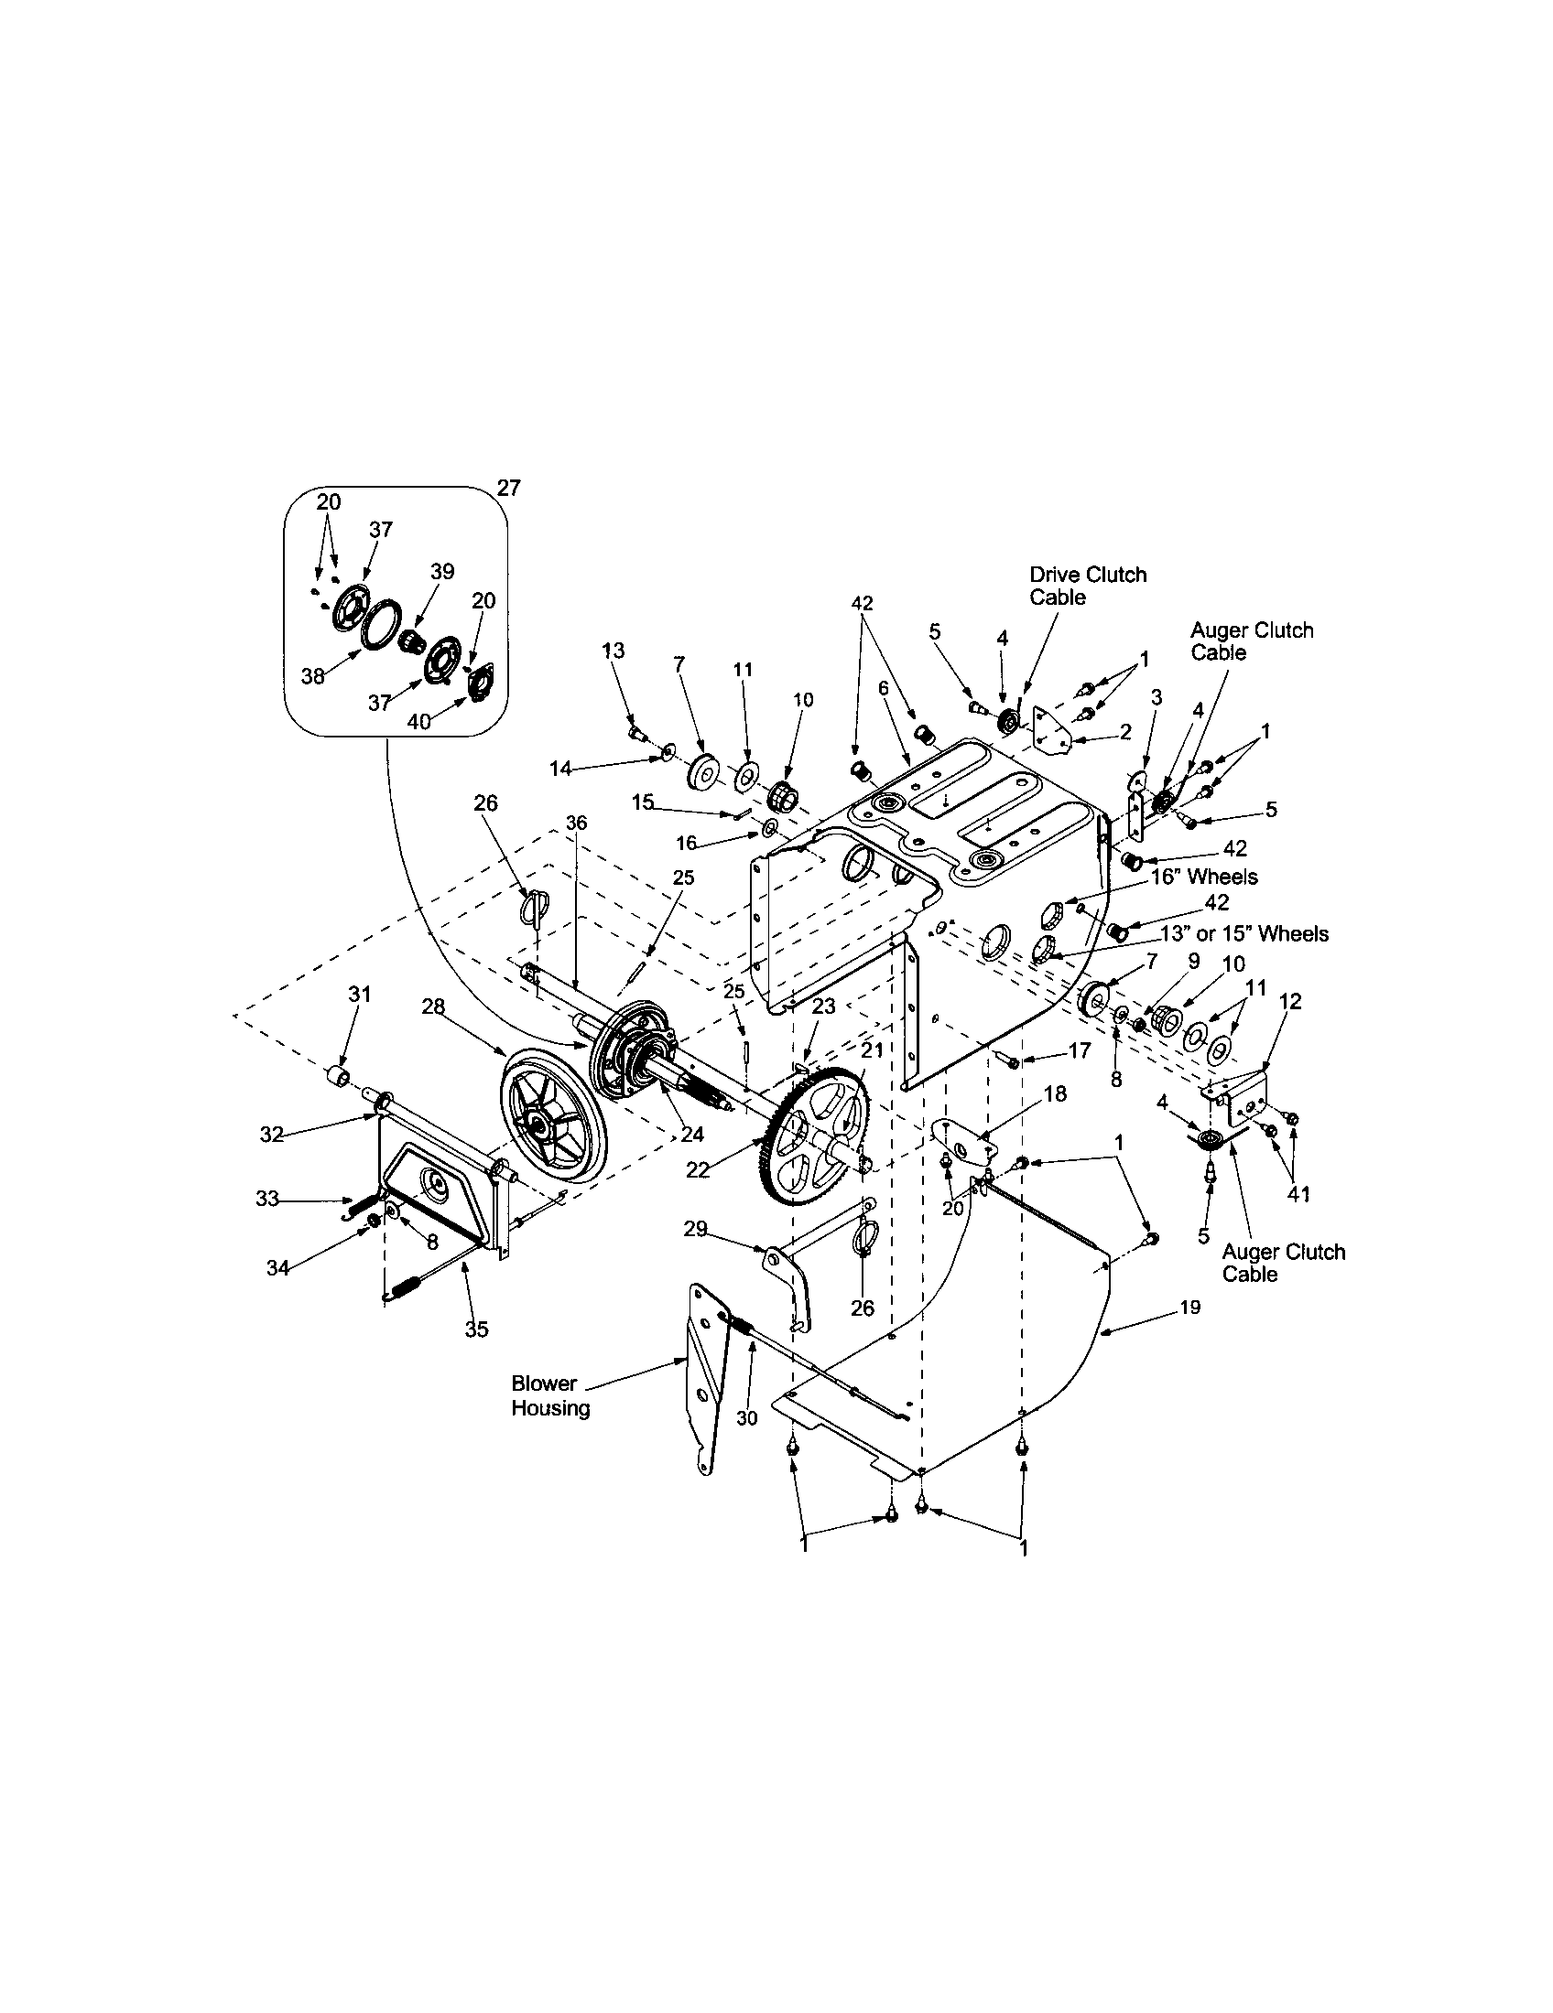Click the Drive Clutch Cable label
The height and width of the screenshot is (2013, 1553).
1087,586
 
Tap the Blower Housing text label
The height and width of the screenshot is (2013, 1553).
549,1396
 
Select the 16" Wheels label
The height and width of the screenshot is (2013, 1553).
1203,876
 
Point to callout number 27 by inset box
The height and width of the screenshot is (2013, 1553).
508,489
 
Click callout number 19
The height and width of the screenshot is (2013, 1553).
1189,1307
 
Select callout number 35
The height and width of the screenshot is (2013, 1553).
476,1329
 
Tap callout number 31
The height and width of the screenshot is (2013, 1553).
359,994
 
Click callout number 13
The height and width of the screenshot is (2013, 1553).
613,651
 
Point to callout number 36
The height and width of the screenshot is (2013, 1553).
575,823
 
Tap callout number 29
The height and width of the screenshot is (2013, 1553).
696,1228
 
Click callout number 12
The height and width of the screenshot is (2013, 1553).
1290,1001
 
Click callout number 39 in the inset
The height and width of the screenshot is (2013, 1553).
441,571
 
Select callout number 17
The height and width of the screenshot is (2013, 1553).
1079,1050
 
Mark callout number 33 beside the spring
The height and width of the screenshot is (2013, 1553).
267,1199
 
